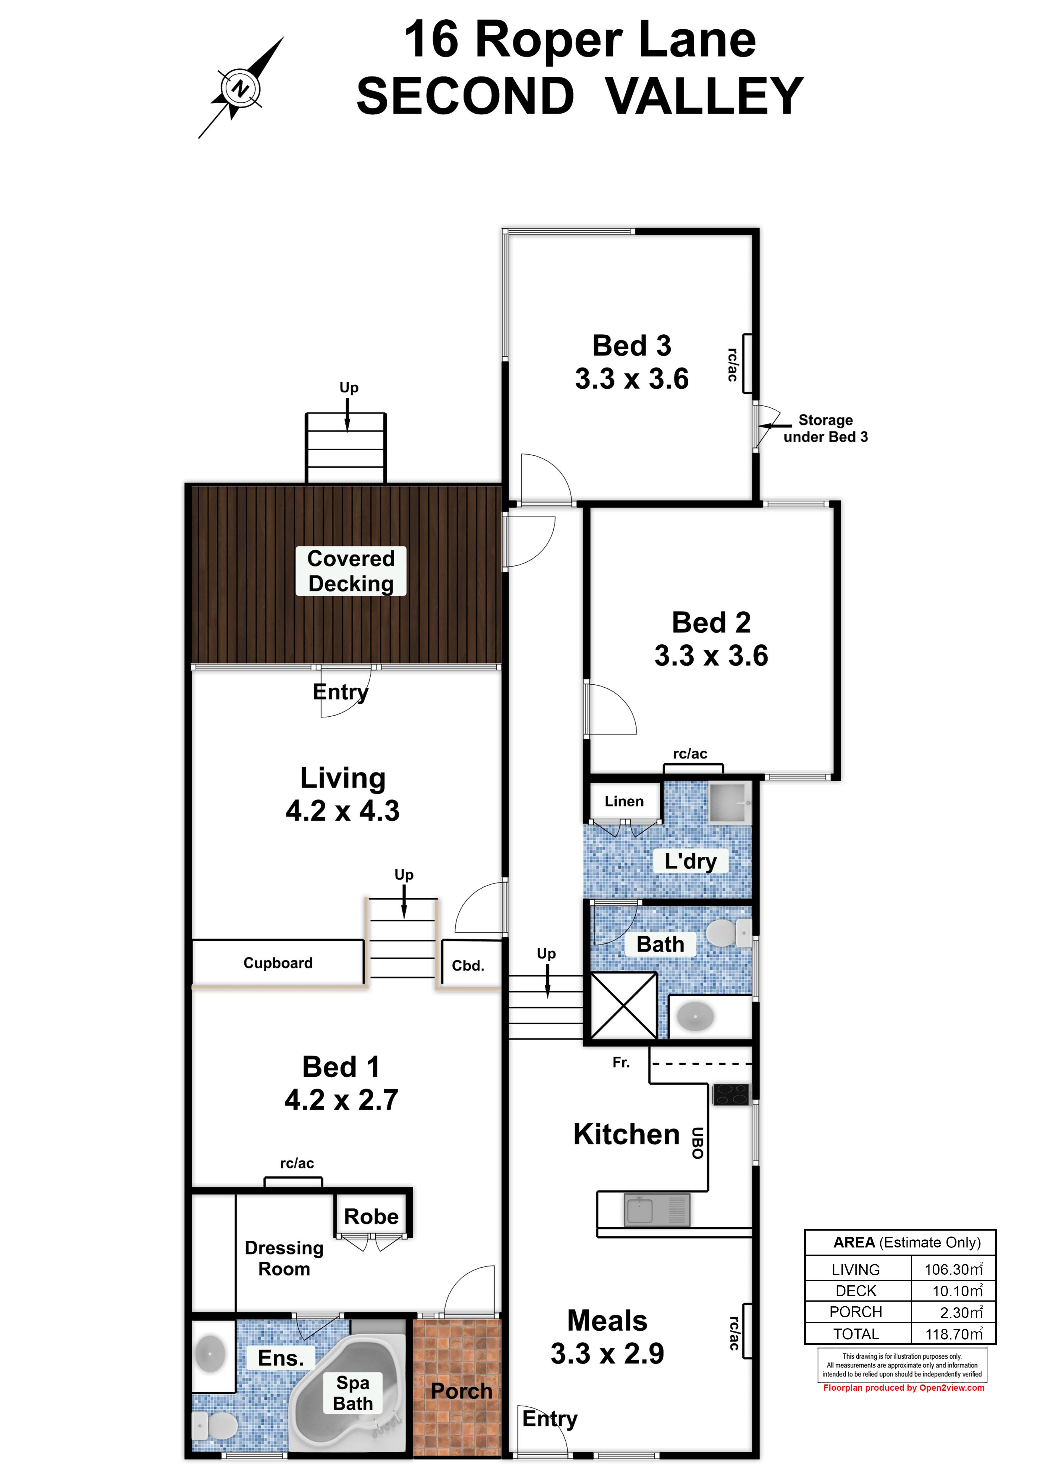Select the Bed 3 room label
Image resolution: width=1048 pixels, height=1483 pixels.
point(632,346)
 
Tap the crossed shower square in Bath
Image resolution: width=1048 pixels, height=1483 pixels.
point(624,1006)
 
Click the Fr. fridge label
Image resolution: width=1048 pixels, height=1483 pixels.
point(621,1063)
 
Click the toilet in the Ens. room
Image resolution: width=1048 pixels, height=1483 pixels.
point(215,1425)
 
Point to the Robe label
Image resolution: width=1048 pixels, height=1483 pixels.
point(371,1216)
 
